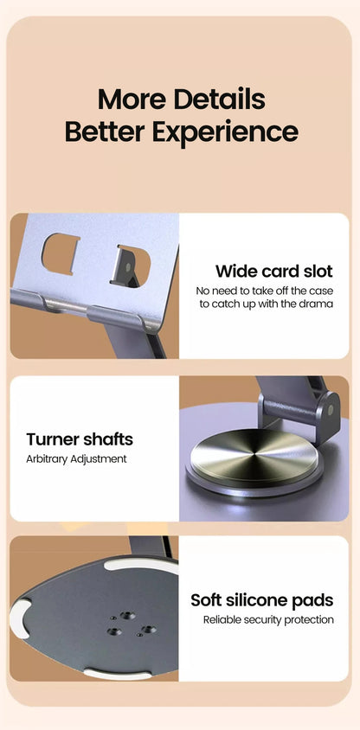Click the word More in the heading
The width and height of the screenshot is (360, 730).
tap(132, 99)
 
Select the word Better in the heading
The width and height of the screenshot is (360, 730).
tap(105, 132)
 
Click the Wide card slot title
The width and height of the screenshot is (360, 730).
tap(273, 272)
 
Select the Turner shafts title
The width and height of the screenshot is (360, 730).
tap(79, 439)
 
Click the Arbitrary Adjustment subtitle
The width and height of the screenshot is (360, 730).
tap(76, 458)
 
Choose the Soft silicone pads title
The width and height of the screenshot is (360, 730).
tap(261, 600)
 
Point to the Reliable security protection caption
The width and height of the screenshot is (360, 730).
tap(268, 619)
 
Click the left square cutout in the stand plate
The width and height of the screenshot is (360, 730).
tap(61, 253)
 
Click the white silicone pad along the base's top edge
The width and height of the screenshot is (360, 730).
tap(138, 567)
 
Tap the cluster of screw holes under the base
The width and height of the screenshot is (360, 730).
tap(130, 625)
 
